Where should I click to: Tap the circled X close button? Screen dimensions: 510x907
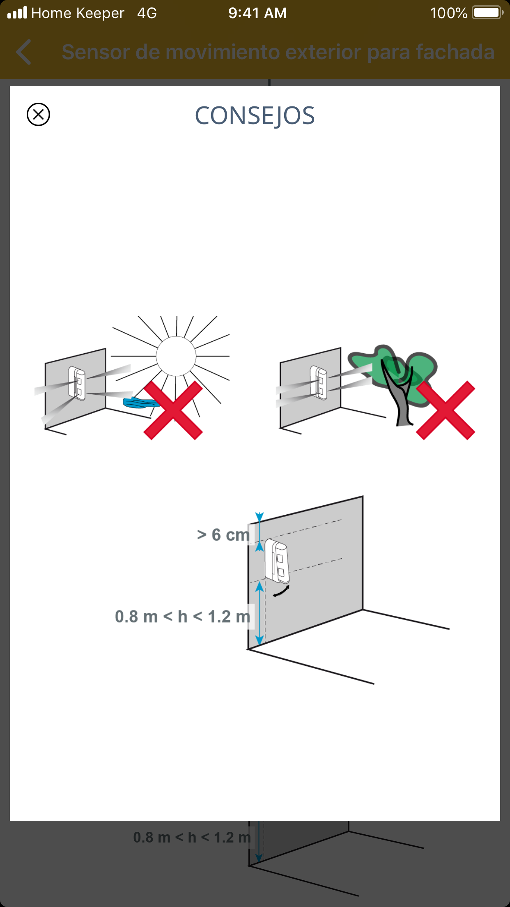pyautogui.click(x=38, y=114)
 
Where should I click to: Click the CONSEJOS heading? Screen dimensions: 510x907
pyautogui.click(x=255, y=116)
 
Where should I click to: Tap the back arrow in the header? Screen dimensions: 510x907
pyautogui.click(x=24, y=52)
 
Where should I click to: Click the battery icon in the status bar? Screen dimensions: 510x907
pyautogui.click(x=488, y=13)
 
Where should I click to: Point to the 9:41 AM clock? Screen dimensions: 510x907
pyautogui.click(x=257, y=13)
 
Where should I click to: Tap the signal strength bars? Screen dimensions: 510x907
pyautogui.click(x=17, y=13)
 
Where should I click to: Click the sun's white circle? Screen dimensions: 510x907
pyautogui.click(x=176, y=356)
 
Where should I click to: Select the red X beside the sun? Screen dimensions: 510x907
pyautogui.click(x=173, y=410)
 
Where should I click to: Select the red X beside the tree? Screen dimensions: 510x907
pyautogui.click(x=446, y=410)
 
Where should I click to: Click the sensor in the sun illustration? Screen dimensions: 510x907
pyautogui.click(x=77, y=383)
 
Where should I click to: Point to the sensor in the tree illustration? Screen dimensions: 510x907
pyautogui.click(x=319, y=383)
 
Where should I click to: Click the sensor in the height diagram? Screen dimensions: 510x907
pyautogui.click(x=277, y=561)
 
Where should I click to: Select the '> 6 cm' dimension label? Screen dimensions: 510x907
pyautogui.click(x=223, y=535)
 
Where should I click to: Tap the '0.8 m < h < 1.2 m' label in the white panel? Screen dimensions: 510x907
pyautogui.click(x=183, y=617)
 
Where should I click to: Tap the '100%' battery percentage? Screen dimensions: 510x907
pyautogui.click(x=448, y=13)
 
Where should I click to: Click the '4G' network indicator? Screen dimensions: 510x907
pyautogui.click(x=147, y=13)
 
